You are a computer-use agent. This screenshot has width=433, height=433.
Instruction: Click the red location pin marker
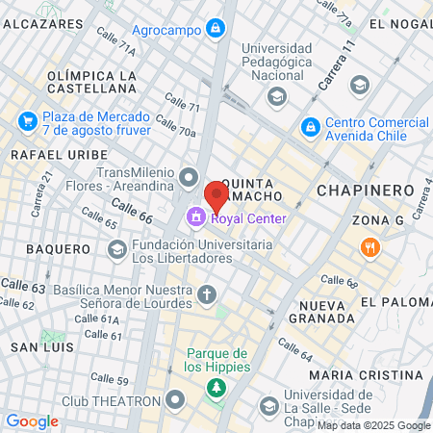216,195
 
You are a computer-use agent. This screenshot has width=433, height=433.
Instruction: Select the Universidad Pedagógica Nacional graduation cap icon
277,95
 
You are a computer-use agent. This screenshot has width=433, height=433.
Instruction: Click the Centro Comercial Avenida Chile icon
311,126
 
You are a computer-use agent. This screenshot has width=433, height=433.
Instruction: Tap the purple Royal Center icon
196,217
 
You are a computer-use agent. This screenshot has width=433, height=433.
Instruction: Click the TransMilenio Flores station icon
189,176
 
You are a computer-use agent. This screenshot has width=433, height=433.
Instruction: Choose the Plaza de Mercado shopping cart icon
26,122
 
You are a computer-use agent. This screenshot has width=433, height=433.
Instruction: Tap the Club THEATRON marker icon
174,399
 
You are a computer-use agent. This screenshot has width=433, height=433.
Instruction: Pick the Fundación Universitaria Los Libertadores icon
117,250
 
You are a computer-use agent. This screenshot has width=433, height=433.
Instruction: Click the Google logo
32,420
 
